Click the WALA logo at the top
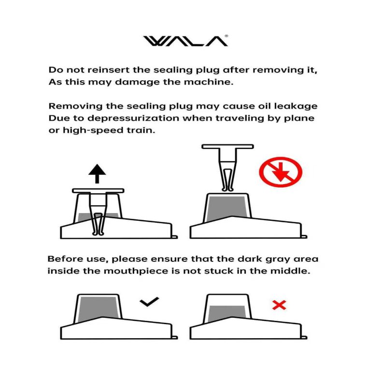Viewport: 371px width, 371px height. [x=185, y=41]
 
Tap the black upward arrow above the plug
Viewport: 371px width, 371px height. [x=97, y=173]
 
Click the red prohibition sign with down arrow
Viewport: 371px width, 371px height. [x=281, y=172]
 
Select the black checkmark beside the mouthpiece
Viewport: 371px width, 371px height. [x=149, y=301]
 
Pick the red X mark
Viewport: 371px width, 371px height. [x=279, y=305]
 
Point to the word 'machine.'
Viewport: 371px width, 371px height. [x=209, y=82]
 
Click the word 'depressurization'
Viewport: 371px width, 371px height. [x=133, y=118]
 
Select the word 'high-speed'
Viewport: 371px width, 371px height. [x=93, y=130]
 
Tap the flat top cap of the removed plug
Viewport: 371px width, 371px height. [x=228, y=146]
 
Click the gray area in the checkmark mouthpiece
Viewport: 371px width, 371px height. [x=98, y=308]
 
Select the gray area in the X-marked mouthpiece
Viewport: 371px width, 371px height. [x=227, y=313]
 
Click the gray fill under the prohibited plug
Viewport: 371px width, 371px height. [x=227, y=208]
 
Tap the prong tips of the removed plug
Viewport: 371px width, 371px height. [x=228, y=189]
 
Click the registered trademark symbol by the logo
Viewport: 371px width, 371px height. [x=226, y=36]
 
